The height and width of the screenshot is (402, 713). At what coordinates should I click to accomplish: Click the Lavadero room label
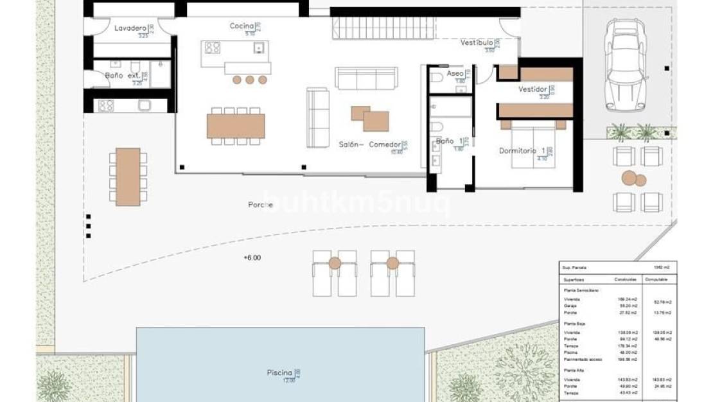click(x=130, y=28)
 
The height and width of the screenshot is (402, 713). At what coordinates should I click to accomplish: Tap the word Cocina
click(x=242, y=26)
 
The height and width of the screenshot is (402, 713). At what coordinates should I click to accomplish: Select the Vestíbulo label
click(x=477, y=43)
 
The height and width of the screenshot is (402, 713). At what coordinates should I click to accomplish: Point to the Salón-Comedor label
click(x=370, y=144)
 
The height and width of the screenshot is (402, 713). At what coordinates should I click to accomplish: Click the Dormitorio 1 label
click(x=522, y=151)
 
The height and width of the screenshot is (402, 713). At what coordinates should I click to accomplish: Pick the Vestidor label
click(x=533, y=89)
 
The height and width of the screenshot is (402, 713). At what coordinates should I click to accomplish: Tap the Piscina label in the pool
click(x=280, y=372)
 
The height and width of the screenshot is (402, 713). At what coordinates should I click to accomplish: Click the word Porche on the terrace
click(x=261, y=205)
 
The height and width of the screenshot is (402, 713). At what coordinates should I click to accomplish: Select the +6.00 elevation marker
click(x=252, y=258)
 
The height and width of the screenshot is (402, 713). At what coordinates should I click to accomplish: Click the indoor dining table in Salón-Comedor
click(x=236, y=126)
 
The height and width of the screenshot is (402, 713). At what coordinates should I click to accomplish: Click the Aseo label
click(x=455, y=74)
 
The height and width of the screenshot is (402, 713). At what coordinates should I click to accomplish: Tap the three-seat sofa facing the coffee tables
click(x=366, y=78)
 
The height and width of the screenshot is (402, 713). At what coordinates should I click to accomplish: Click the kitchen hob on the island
click(x=212, y=48)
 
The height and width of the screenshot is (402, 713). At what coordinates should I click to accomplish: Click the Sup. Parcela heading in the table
click(x=575, y=267)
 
